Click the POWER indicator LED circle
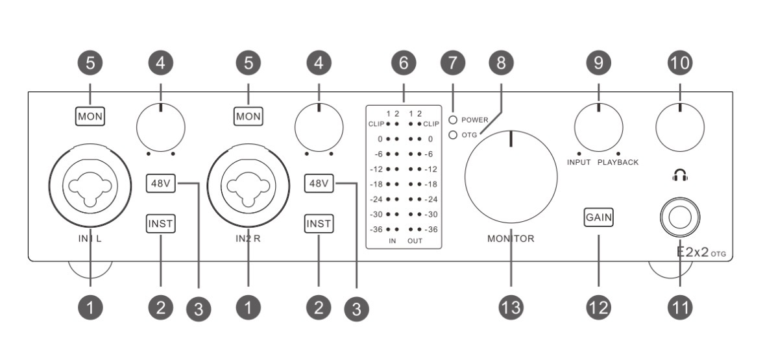[x=454, y=120]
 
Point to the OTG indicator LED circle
[x=454, y=134]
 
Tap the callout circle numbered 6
[x=404, y=63]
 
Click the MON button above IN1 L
[x=90, y=117]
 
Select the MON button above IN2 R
[x=248, y=117]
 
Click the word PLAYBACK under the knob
[x=618, y=162]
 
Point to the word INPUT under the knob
[x=579, y=162]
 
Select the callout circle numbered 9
[x=598, y=63]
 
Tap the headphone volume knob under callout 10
[x=679, y=125]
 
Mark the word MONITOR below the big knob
[x=511, y=239]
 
